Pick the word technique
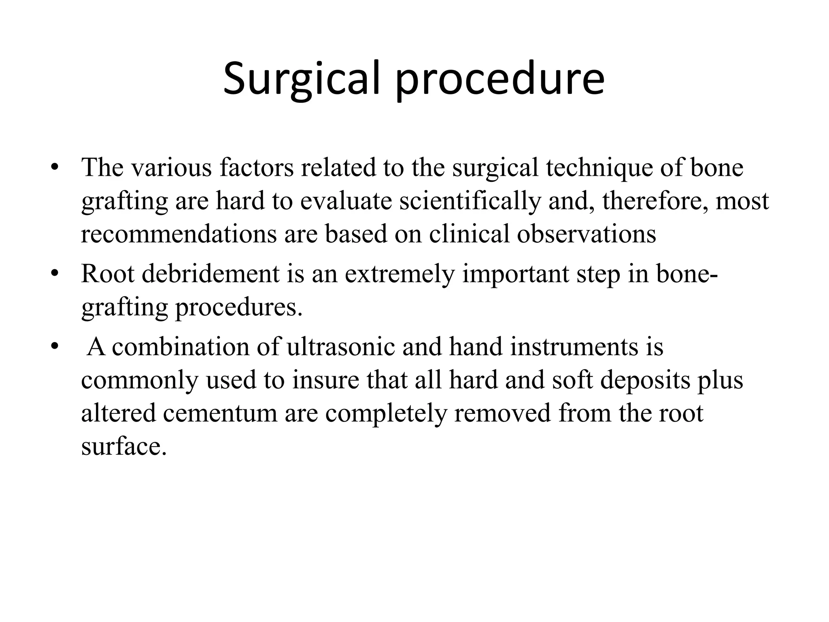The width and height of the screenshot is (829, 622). [x=599, y=168]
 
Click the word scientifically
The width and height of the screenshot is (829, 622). [x=470, y=201]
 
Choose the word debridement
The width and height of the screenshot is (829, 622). [x=210, y=274]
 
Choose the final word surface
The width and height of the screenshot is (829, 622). [x=124, y=447]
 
